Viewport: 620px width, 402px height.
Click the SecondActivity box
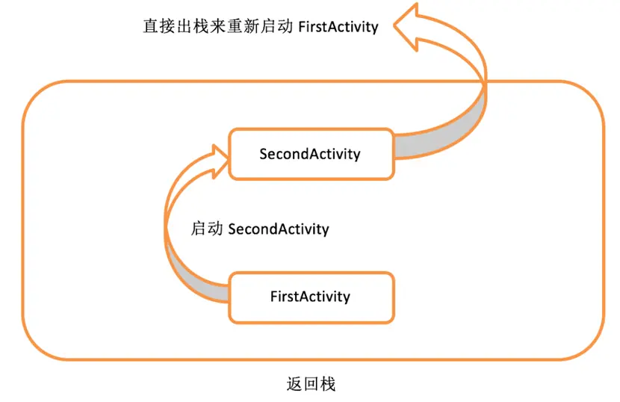coord(311,154)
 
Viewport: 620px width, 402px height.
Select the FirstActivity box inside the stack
coord(311,297)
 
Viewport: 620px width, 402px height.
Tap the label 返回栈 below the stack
coord(311,385)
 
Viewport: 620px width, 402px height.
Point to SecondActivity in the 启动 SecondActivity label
coord(278,229)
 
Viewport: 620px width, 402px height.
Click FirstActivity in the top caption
coord(338,27)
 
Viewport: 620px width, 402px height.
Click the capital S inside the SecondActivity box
coord(264,154)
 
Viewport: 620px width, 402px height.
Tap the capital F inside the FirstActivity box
coord(273,297)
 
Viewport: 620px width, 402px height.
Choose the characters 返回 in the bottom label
coord(303,385)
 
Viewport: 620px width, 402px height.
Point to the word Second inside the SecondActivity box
coord(282,154)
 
